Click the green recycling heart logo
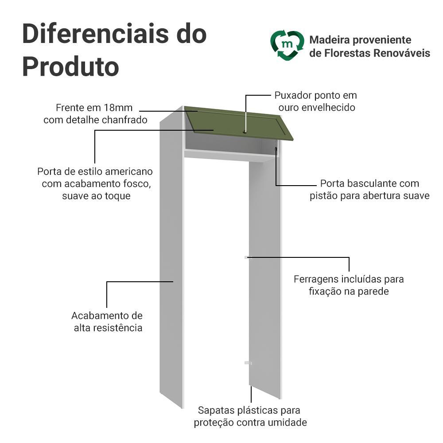pyautogui.click(x=288, y=45)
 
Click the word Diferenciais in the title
pyautogui.click(x=96, y=34)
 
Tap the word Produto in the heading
pyautogui.click(x=70, y=67)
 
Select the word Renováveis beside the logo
pyautogui.click(x=402, y=53)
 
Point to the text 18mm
pyautogui.click(x=118, y=108)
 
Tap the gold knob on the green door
pyautogui.click(x=245, y=132)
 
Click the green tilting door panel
pyautogui.click(x=239, y=123)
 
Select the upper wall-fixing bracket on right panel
pyautogui.click(x=248, y=257)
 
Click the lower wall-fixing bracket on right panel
pyautogui.click(x=248, y=363)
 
